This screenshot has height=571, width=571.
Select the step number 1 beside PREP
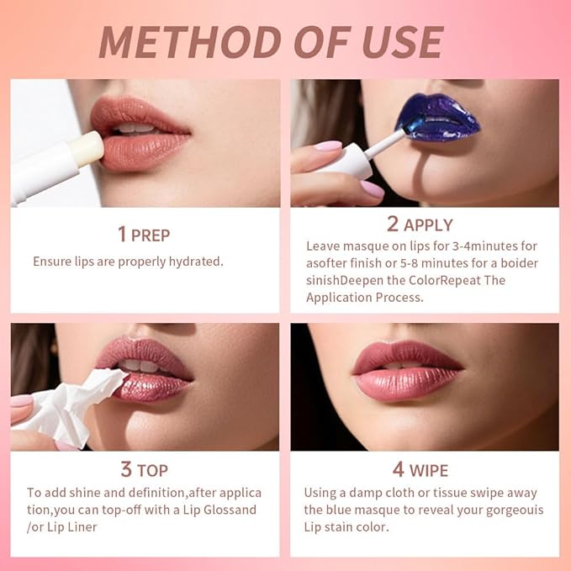pyautogui.click(x=121, y=235)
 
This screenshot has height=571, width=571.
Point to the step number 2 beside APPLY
pyautogui.click(x=393, y=225)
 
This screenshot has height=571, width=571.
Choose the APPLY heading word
pyautogui.click(x=428, y=225)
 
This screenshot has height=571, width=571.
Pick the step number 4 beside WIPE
pyautogui.click(x=397, y=470)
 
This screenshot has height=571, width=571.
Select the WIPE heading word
pyautogui.click(x=429, y=471)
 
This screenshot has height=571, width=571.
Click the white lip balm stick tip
pyautogui.click(x=87, y=149)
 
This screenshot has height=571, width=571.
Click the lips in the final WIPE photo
pyautogui.click(x=407, y=370)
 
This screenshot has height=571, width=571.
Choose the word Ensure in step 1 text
pyautogui.click(x=52, y=262)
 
